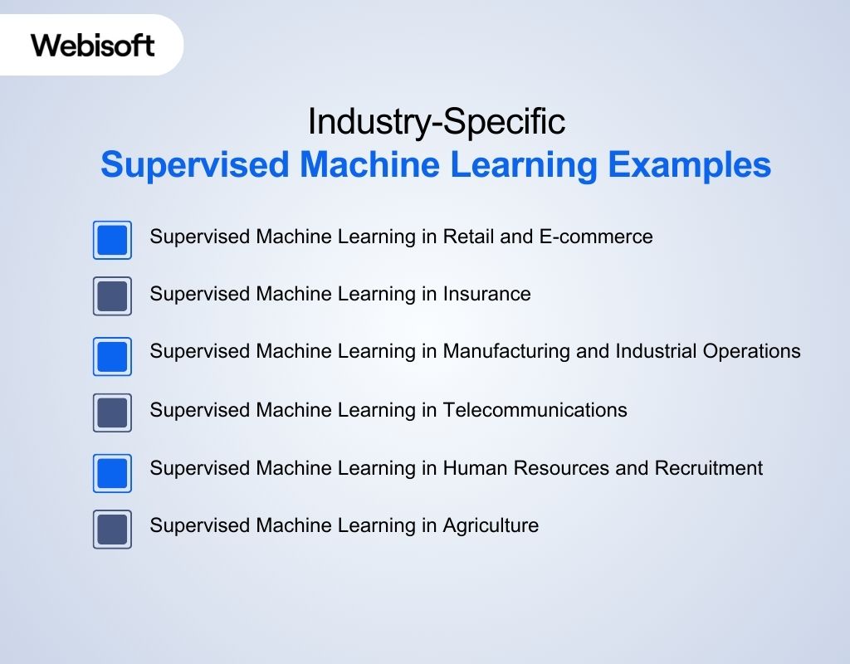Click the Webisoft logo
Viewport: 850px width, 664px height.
(93, 45)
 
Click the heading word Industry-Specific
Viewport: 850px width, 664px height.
(436, 122)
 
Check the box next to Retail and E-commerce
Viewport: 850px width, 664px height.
(112, 240)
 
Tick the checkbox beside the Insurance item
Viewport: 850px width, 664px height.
(112, 296)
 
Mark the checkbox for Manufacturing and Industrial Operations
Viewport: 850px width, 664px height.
(112, 356)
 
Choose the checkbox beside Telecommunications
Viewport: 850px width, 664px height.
(112, 413)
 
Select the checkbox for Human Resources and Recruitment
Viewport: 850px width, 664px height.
(112, 472)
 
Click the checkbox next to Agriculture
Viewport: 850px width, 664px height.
(112, 529)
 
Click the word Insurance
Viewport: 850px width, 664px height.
(486, 294)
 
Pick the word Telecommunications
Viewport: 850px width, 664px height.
(535, 410)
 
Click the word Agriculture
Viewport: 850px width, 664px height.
(491, 525)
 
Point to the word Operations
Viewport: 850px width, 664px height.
(751, 352)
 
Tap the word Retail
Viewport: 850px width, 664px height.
(468, 237)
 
